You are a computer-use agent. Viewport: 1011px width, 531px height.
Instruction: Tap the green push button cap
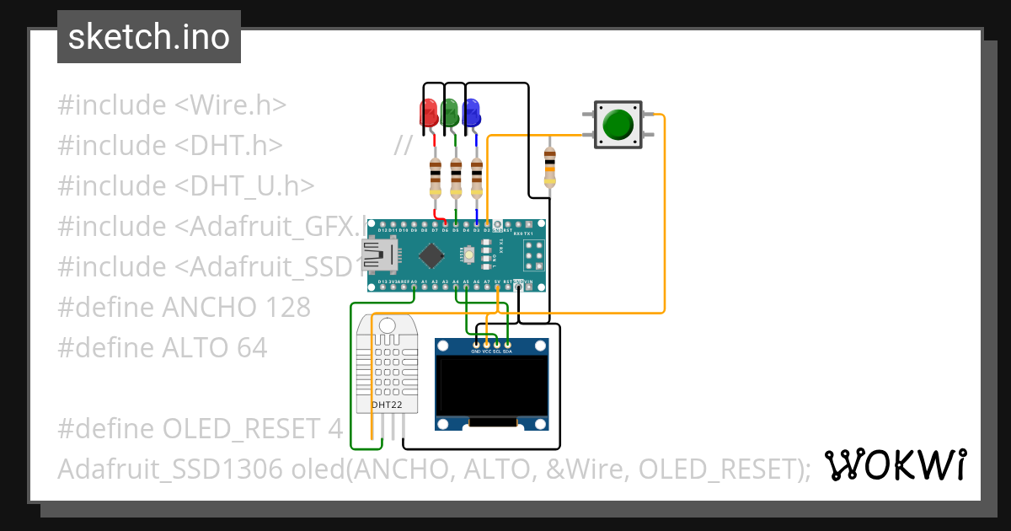tap(619, 125)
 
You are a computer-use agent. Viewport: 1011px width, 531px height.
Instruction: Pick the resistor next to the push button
tap(550, 166)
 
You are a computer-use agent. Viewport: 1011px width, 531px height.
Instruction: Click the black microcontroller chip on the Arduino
tap(432, 254)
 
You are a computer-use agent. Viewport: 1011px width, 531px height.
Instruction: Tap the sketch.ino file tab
tap(149, 37)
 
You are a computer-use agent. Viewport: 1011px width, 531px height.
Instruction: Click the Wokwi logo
tap(895, 464)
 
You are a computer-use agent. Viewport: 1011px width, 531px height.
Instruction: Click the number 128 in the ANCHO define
tap(285, 307)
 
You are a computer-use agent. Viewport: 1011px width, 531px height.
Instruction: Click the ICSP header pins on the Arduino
tap(532, 254)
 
